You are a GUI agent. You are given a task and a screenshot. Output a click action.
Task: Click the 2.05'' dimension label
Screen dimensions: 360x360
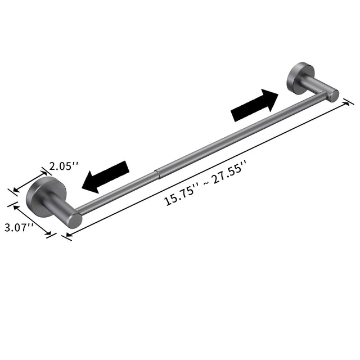[x=64, y=166]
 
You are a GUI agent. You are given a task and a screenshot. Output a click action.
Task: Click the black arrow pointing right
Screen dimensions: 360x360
[x=255, y=106]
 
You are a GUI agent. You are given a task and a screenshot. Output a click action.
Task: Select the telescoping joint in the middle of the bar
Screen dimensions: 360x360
[x=159, y=170]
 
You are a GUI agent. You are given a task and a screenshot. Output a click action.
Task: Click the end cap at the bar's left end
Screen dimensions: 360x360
[x=73, y=219]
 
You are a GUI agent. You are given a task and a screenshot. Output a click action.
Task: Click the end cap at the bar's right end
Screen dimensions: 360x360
[x=334, y=96]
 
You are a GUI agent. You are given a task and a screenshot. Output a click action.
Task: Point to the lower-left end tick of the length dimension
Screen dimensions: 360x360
[x=66, y=237]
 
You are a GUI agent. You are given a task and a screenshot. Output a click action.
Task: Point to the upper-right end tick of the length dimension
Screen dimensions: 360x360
[x=348, y=102]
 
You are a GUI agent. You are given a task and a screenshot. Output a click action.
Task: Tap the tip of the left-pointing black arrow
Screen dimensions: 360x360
[x=84, y=185]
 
